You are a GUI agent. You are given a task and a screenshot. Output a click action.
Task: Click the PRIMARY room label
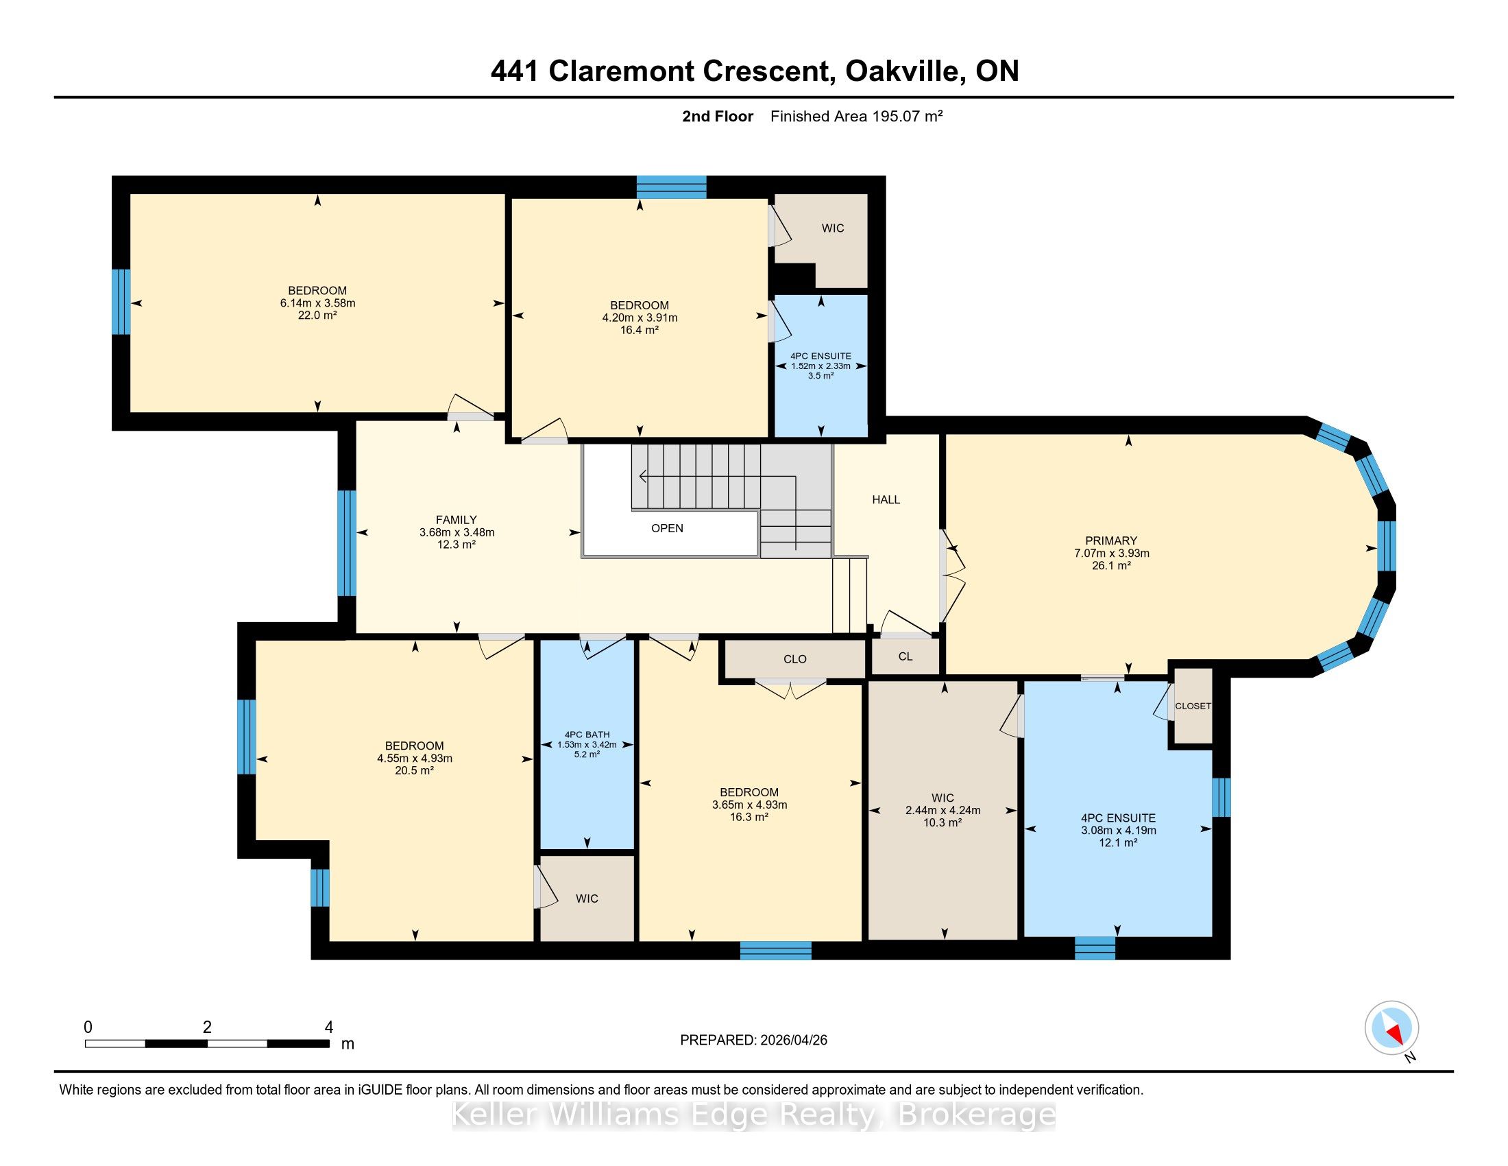coord(1111,541)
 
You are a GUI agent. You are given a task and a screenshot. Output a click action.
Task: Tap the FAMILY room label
coord(457,520)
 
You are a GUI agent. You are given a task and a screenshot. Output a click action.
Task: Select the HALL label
coord(886,499)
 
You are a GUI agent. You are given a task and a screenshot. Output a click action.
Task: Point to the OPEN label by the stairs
coord(667,528)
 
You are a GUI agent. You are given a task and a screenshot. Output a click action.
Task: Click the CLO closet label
coord(794,659)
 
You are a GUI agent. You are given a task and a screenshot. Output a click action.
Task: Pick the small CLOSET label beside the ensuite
coord(1193,706)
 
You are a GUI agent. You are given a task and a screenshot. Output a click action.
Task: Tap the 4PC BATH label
coord(587,735)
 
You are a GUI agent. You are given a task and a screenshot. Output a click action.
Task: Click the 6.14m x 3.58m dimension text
coord(317,303)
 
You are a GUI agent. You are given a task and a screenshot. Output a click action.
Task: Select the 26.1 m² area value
coord(1111,566)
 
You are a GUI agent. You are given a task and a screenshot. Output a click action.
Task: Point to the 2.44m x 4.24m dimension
coord(943,810)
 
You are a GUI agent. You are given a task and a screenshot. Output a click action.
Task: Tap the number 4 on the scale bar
coord(328,1027)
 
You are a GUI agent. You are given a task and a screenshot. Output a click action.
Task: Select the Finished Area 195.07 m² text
coord(856,117)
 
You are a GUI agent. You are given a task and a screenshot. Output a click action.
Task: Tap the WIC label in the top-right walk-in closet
coord(833,228)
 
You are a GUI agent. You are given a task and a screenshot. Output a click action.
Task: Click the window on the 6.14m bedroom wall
coord(121,302)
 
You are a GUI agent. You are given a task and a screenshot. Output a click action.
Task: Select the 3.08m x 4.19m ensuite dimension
coord(1119,831)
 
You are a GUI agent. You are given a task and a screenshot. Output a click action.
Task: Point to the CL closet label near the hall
coord(905,656)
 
